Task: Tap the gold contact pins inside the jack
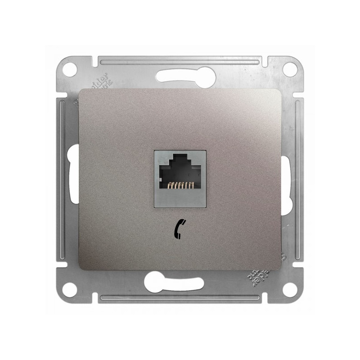(180, 184)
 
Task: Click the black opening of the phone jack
(180, 173)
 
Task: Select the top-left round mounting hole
(69, 69)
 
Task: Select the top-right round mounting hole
(290, 69)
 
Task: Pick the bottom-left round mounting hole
(69, 290)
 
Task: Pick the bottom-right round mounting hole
(290, 290)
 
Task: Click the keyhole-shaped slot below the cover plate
(173, 283)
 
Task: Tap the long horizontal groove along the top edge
(180, 60)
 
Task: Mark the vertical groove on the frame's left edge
(61, 180)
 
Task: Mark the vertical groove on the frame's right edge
(298, 180)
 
